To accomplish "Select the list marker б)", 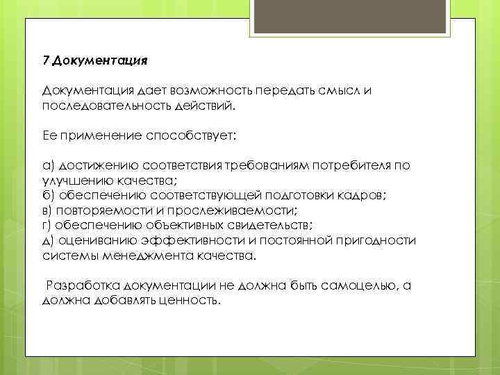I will pyautogui.click(x=49, y=196).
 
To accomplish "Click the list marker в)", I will pyautogui.click(x=48, y=210).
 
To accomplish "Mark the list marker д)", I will pyautogui.click(x=49, y=240).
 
